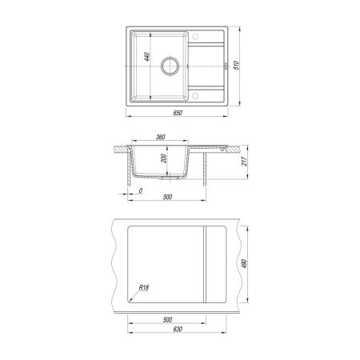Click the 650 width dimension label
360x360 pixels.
(x=178, y=113)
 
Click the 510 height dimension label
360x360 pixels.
(x=236, y=66)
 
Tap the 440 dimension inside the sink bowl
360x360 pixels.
(x=147, y=57)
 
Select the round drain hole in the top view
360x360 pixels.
(x=170, y=66)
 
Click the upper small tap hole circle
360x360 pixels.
(x=195, y=36)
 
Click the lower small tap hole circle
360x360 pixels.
(x=195, y=95)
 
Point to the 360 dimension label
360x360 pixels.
(x=160, y=137)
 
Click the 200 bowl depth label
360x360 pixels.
(x=164, y=158)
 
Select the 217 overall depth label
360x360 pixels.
(x=244, y=162)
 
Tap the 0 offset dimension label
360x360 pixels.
(x=141, y=190)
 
